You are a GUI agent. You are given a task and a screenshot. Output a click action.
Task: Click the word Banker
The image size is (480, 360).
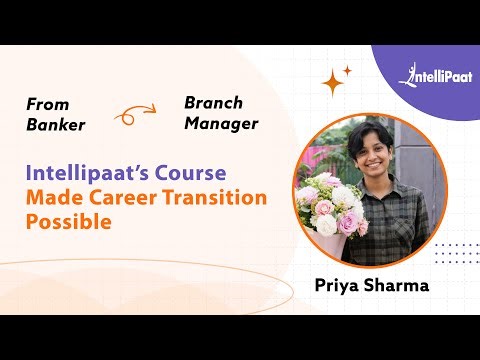click(56, 126)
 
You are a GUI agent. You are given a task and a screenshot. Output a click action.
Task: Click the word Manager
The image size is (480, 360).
click(221, 124)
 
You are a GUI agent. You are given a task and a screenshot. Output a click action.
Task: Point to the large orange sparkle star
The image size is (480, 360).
click(332, 84)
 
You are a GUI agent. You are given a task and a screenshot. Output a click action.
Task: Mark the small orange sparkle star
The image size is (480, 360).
click(348, 70)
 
